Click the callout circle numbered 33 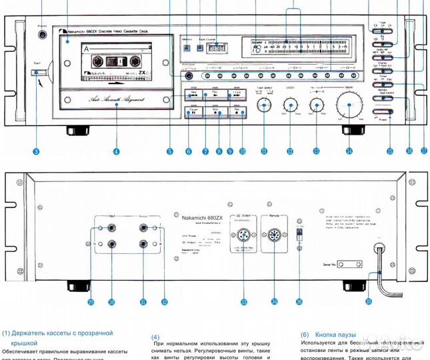point(244,302)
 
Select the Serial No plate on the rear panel point(333,264)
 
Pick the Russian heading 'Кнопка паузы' point(336,335)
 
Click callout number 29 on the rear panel point(91,302)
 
